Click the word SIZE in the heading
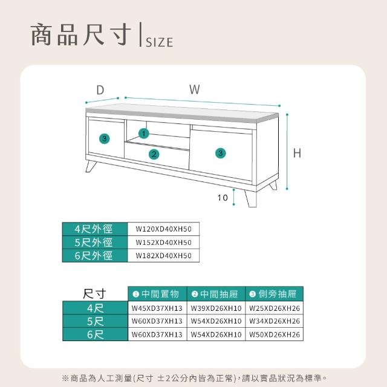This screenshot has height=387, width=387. point(160,42)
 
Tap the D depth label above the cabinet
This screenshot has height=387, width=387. point(100,90)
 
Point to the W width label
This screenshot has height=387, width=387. point(195,89)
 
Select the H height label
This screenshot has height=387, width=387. point(297,153)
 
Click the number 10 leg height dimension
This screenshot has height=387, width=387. point(223,198)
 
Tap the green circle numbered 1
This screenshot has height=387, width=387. point(144,134)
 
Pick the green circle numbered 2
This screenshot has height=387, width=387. point(154,155)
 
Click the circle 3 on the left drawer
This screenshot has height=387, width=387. point(105,138)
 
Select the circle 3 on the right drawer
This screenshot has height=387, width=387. point(220,153)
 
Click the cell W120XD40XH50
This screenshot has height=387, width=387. point(163,229)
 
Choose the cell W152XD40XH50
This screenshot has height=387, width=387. point(163,242)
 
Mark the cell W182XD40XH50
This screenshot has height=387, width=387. point(163,255)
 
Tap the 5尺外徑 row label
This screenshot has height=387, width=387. point(94,242)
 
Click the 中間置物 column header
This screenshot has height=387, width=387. point(157,294)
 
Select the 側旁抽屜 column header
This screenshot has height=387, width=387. point(274,294)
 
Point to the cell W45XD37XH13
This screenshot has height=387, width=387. point(157,308)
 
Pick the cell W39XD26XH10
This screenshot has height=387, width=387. point(216,308)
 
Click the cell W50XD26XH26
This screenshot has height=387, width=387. point(275,334)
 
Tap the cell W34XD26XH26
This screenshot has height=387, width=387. point(275,321)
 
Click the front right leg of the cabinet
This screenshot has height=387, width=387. point(251,198)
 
